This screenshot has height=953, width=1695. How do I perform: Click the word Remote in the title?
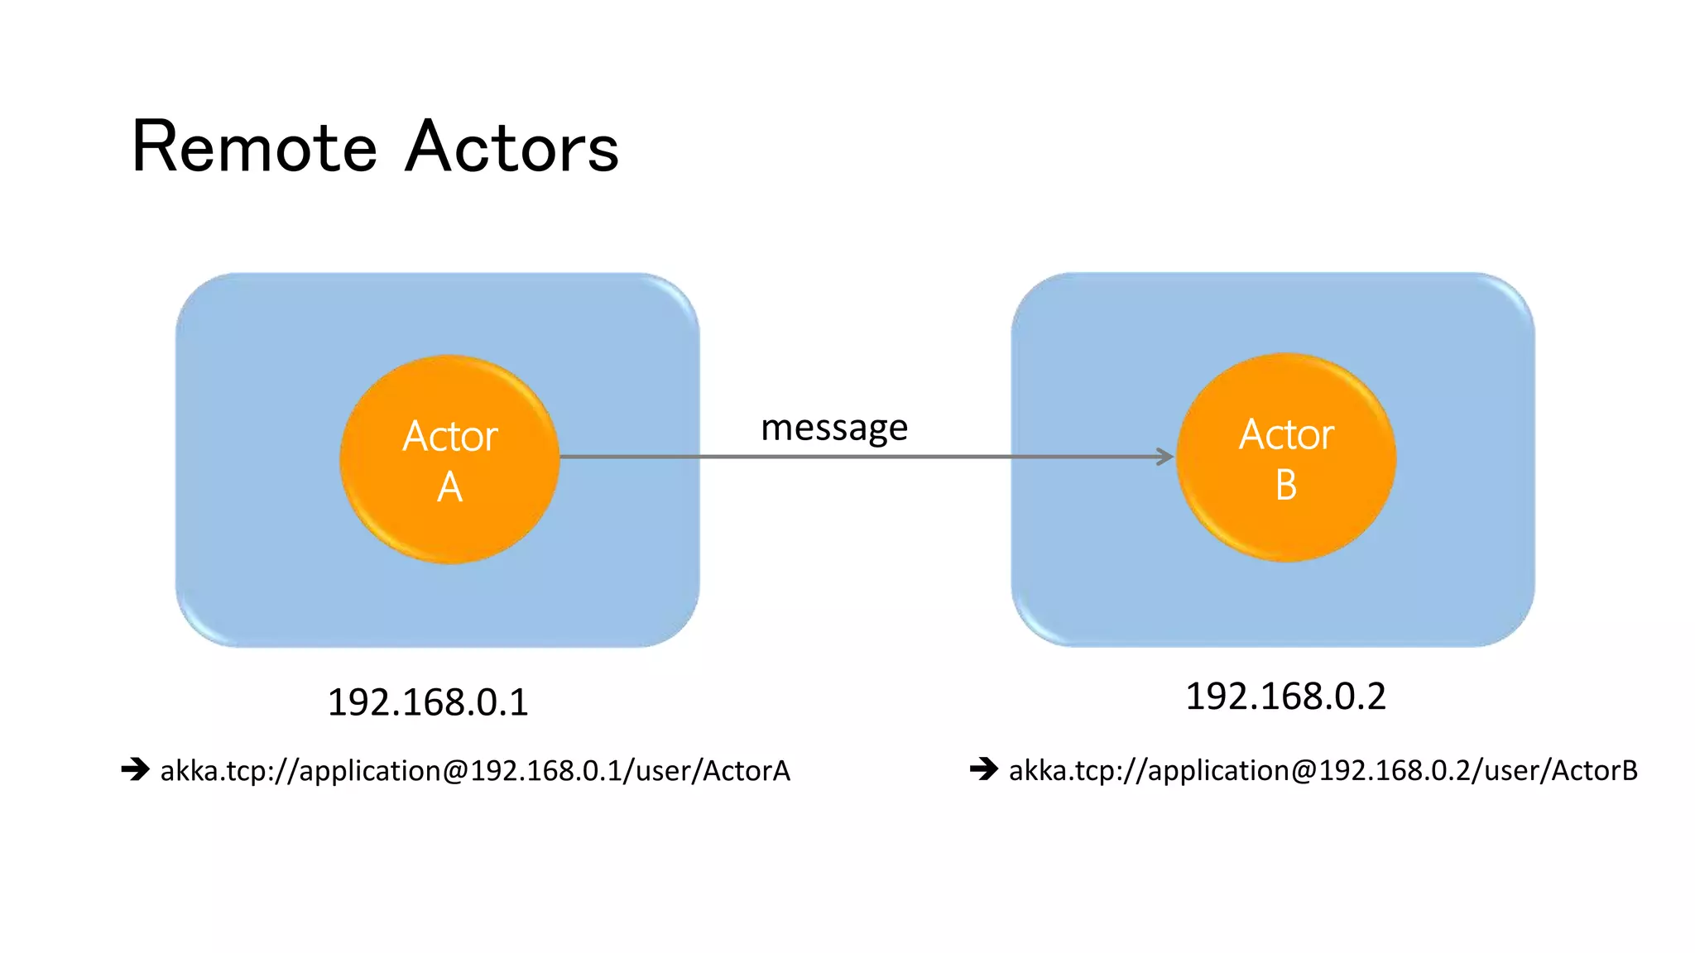point(254,148)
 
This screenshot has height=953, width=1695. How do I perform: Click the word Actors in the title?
point(512,148)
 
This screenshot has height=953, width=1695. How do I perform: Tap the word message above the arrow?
point(833,429)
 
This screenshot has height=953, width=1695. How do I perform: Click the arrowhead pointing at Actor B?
point(1165,457)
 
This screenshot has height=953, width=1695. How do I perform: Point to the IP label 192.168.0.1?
point(428,702)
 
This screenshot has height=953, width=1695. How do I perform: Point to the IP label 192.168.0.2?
point(1285,697)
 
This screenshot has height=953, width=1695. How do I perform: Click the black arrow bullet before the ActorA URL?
point(135,769)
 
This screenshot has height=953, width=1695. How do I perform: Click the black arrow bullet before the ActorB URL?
point(984,769)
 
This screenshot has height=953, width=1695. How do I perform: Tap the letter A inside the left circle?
point(449,487)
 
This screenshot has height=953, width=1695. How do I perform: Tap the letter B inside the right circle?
point(1285,486)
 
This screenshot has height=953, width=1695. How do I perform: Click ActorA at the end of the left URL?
point(747,771)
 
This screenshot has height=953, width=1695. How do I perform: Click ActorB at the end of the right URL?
point(1594,771)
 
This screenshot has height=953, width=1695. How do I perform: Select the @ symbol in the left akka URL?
point(456,772)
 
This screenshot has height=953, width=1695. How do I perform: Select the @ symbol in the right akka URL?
point(1304,772)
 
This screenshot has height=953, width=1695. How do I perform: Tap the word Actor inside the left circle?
point(449,436)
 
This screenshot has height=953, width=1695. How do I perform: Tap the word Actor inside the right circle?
point(1285,434)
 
